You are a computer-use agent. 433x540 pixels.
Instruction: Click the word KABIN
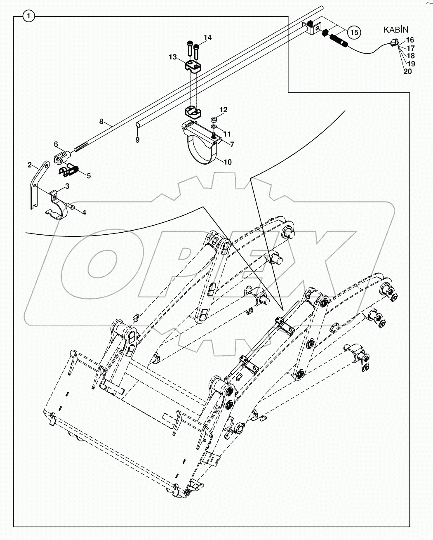396,29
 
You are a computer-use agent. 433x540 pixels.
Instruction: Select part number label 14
207,38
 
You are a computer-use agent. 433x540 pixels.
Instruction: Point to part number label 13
172,56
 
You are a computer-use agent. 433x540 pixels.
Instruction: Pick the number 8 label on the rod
101,122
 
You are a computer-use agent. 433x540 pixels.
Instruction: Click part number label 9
137,140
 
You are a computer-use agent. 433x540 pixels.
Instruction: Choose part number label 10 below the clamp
227,162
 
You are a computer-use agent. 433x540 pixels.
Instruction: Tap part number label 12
223,110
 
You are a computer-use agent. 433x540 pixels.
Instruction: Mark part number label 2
30,165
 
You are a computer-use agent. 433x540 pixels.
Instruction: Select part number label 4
84,213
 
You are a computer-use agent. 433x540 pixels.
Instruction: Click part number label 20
407,71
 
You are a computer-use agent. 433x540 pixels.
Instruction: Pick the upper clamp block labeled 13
192,66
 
